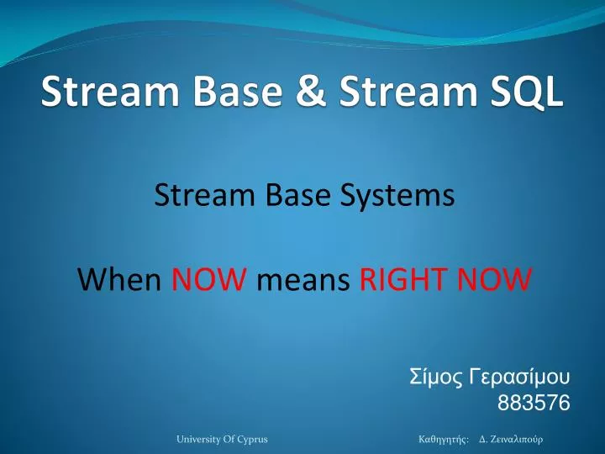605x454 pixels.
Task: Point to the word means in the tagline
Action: [302, 277]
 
